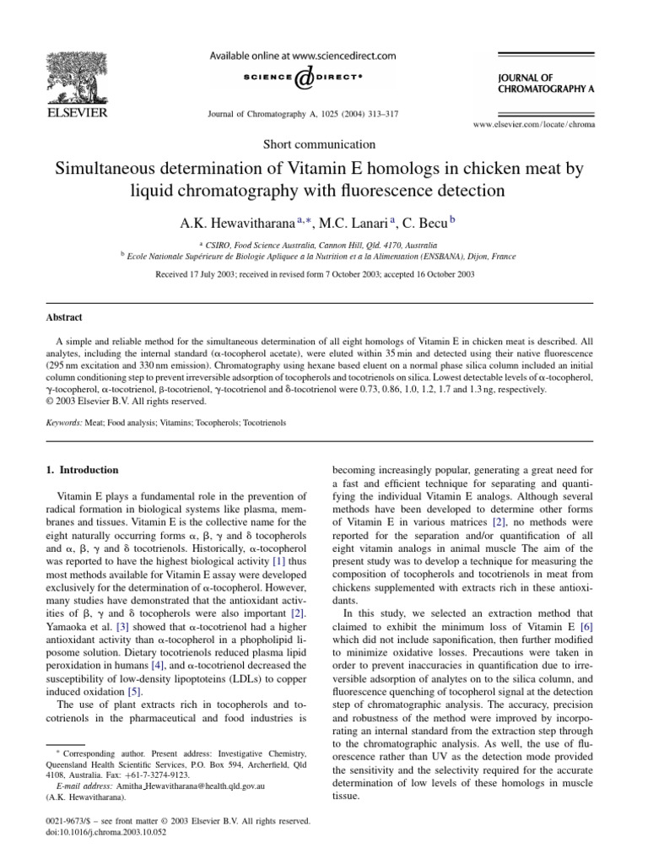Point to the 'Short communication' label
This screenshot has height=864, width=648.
click(320, 144)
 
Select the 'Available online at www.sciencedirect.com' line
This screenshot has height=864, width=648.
click(302, 56)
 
